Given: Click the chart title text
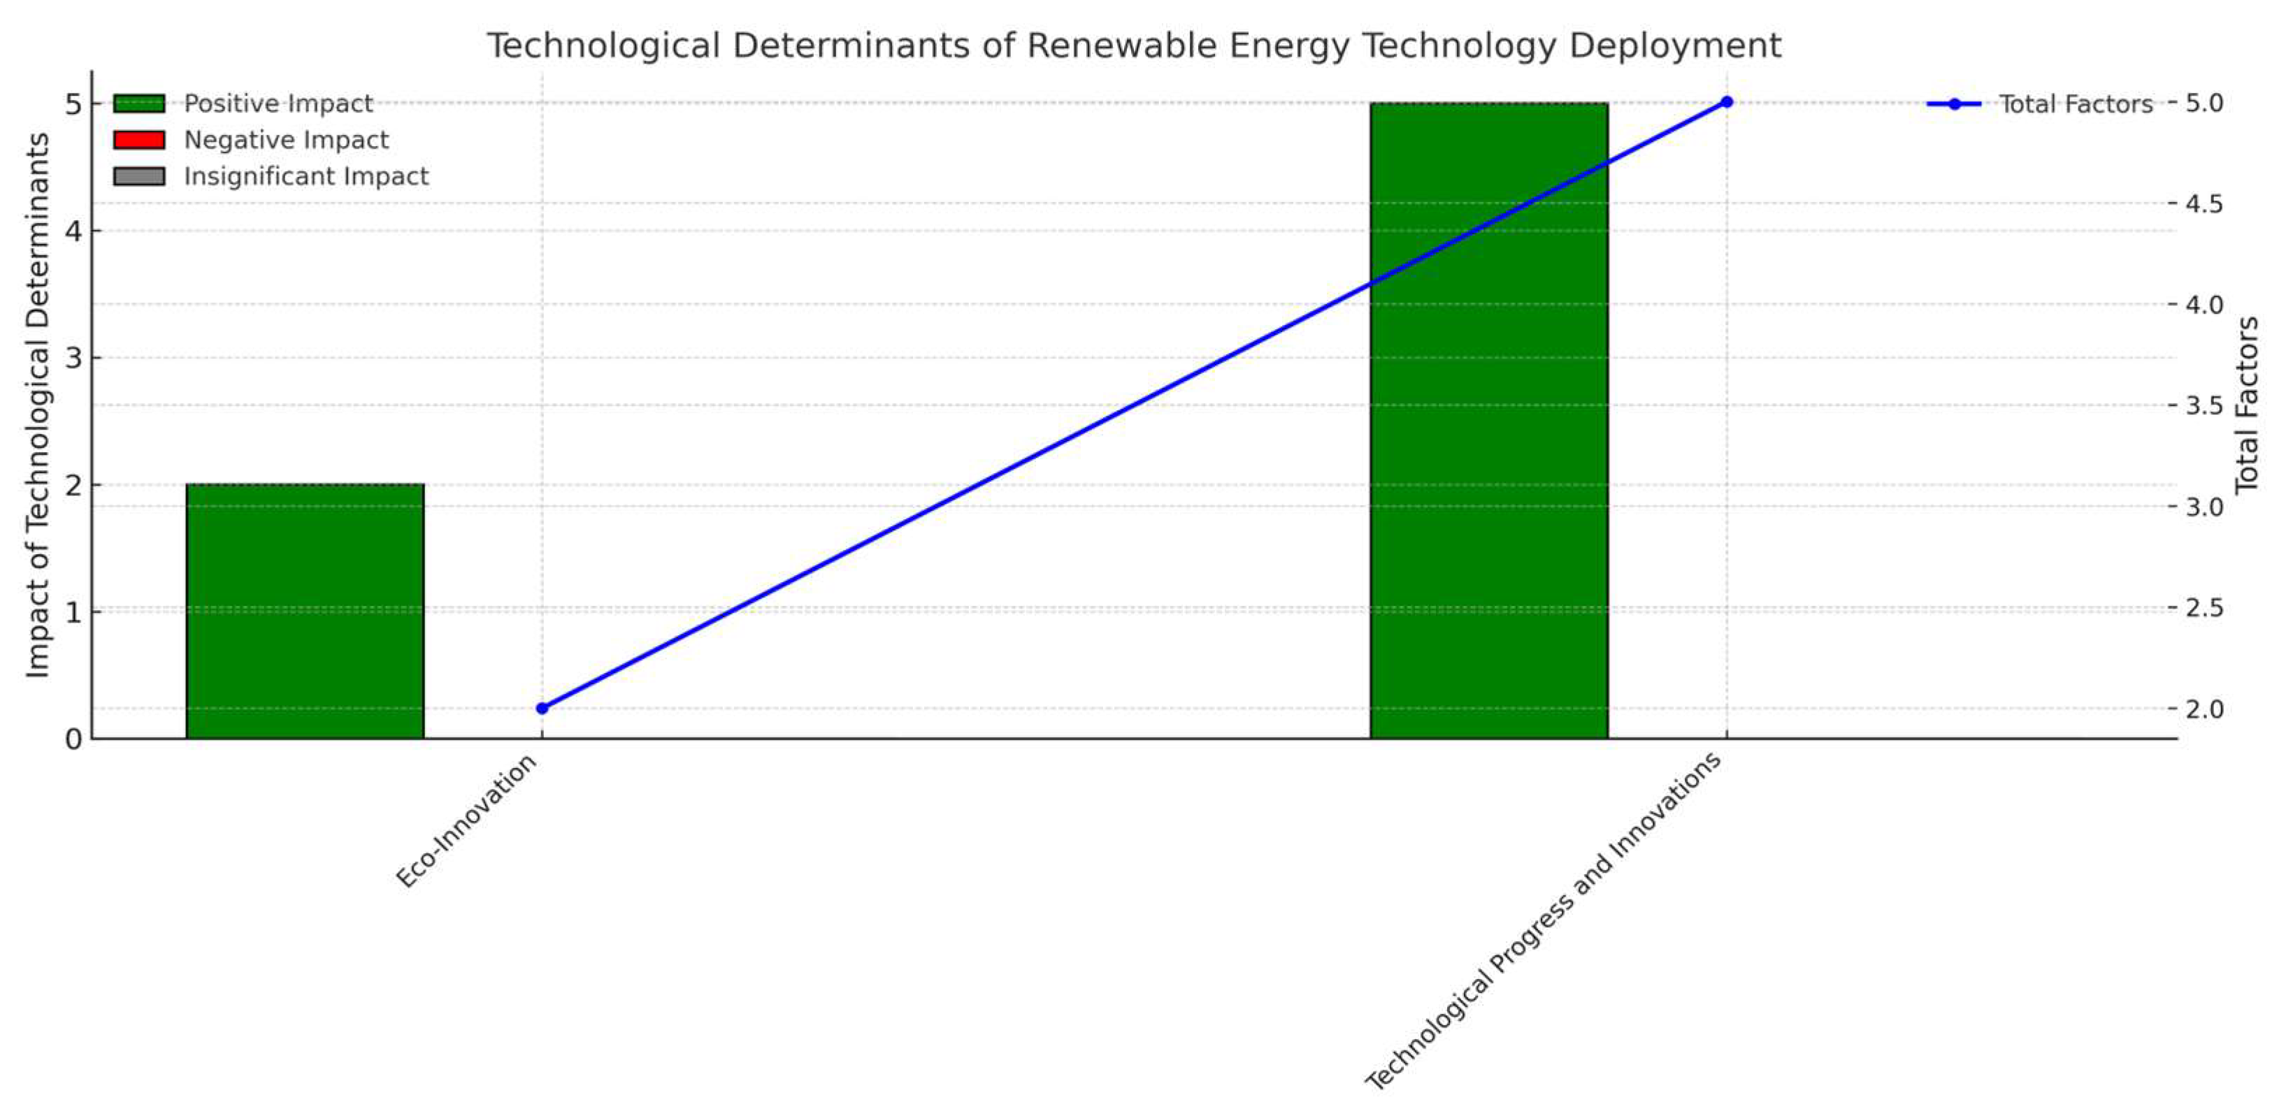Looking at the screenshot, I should (1133, 46).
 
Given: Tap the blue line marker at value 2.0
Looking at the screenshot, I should (542, 708).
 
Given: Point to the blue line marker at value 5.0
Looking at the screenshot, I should (1726, 102).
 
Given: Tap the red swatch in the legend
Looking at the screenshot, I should (138, 140).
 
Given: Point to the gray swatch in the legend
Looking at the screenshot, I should (138, 177).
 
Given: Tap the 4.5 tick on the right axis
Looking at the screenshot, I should (2204, 204).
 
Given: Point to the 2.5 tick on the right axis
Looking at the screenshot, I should (2204, 608).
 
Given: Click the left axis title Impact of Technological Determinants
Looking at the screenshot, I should (37, 405).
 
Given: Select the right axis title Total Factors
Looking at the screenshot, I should (2247, 405).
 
